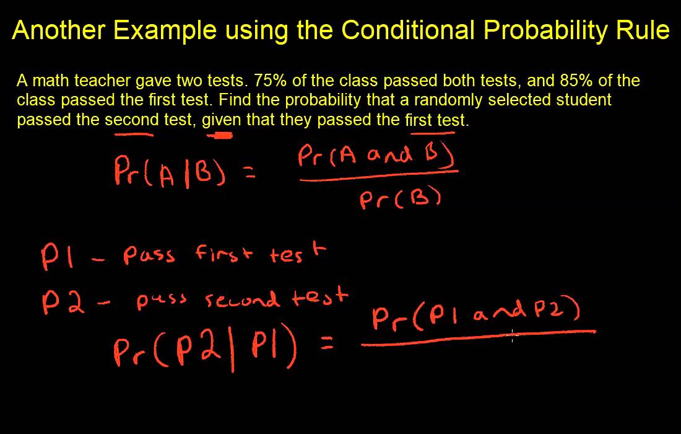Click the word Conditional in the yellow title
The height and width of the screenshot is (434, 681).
[x=409, y=29]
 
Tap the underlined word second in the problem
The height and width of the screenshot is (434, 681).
[x=130, y=120]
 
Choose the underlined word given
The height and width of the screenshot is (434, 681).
[x=221, y=120]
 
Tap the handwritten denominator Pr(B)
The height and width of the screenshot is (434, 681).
[x=400, y=198]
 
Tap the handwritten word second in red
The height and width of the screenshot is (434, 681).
[x=241, y=300]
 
